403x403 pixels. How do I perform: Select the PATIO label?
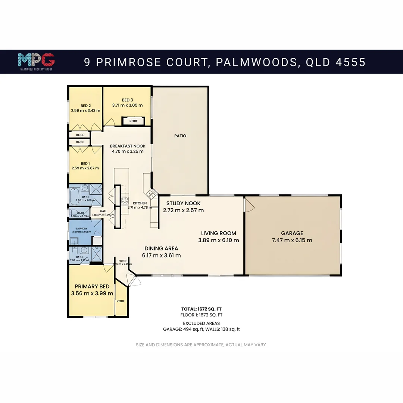click(x=180, y=136)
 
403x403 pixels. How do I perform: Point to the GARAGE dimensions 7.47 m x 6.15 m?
click(x=292, y=240)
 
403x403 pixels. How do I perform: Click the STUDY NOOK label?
click(x=183, y=203)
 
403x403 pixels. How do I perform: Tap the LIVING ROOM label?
click(x=218, y=233)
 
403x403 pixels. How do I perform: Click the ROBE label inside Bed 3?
click(x=133, y=121)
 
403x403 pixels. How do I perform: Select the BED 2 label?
click(x=85, y=105)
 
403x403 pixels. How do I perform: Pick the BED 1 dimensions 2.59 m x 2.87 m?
click(x=85, y=168)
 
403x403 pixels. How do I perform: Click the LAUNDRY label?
click(x=81, y=228)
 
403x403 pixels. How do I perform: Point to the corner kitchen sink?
click(x=151, y=193)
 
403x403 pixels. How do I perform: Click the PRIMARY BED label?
click(x=92, y=287)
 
